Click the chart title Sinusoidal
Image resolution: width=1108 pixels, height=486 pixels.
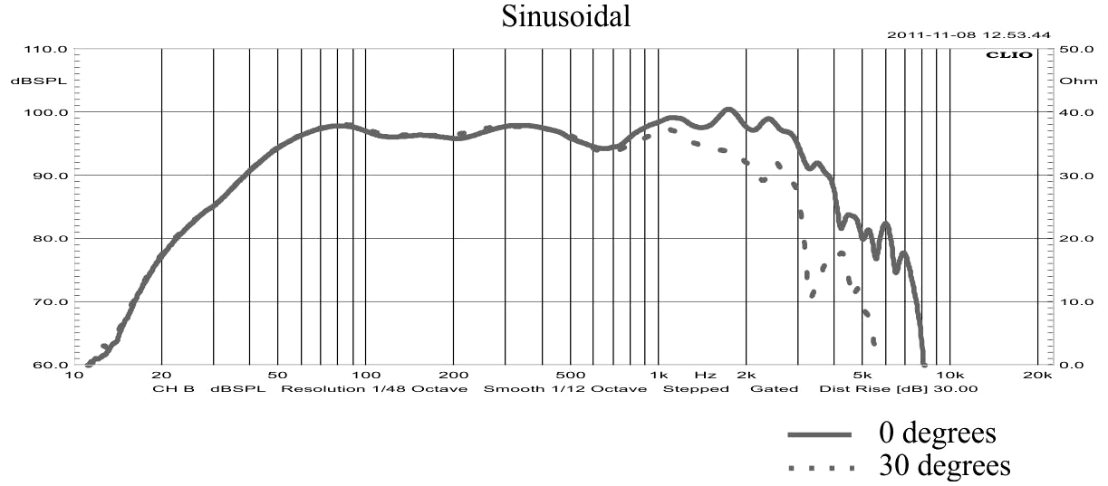566,16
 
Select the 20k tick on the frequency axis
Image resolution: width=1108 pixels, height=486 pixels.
1036,375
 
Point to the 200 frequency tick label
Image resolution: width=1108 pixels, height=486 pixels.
452,375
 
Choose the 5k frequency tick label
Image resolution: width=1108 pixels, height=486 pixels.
862,375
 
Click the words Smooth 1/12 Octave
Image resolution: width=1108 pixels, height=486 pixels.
564,389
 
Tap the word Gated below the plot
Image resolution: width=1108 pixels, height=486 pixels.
774,389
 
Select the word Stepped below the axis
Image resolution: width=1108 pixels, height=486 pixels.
696,389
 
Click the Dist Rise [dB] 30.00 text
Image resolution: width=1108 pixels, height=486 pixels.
898,389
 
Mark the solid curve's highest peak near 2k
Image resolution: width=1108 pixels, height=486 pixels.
727,110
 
